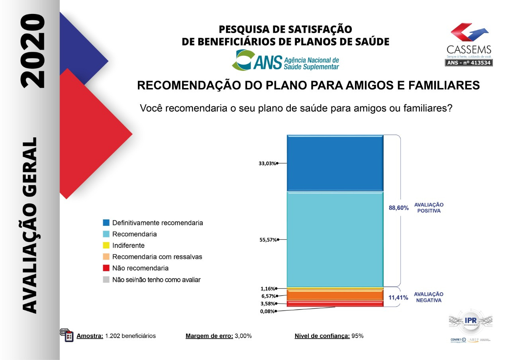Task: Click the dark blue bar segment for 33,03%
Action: [335, 163]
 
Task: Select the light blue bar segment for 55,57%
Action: [335, 239]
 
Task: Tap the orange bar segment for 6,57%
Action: [335, 295]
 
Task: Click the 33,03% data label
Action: [267, 163]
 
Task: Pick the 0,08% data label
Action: [267, 311]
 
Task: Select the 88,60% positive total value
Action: [398, 208]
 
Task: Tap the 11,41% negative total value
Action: [398, 297]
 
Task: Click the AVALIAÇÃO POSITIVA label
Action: [429, 208]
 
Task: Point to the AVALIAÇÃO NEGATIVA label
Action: [429, 297]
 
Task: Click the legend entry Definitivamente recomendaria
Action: [157, 223]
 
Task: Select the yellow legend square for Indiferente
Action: [106, 246]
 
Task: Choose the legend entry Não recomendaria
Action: [140, 268]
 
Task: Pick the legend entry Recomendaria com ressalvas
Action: [157, 257]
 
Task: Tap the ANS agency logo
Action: [286, 60]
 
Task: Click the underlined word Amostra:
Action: [90, 336]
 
